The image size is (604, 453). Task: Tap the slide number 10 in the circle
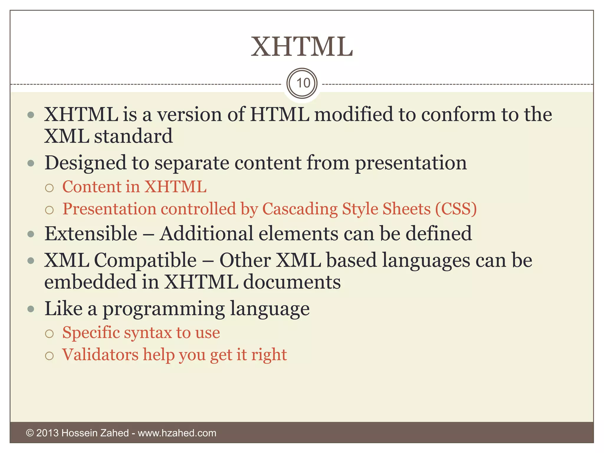point(303,83)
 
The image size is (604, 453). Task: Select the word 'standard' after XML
point(133,136)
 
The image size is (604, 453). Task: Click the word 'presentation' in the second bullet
point(411,163)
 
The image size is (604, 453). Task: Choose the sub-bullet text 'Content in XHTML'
point(134,187)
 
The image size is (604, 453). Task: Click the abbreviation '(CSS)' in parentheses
point(456,209)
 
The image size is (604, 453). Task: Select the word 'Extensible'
point(91,234)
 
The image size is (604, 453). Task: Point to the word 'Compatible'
point(145,260)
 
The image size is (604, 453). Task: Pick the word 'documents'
point(292,282)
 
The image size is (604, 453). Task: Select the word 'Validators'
point(100,354)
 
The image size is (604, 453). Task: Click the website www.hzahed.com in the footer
point(177,433)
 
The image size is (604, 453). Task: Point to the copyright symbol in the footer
point(30,433)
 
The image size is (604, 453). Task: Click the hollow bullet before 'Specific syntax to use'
point(50,334)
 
